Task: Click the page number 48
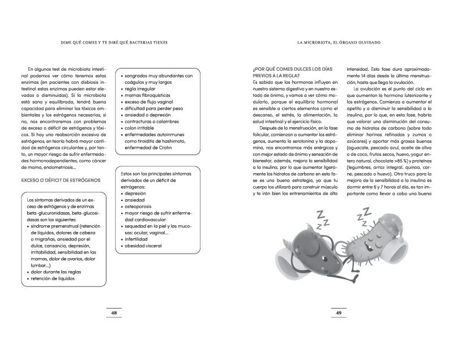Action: (114, 312)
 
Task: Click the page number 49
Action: (339, 312)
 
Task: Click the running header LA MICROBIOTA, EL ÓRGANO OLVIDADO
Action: (339, 42)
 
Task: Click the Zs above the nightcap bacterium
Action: (362, 214)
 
